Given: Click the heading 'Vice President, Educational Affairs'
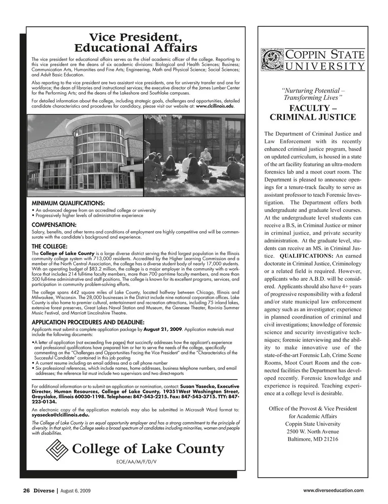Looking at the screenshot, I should point(136,42).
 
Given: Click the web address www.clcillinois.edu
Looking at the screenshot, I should point(215,106).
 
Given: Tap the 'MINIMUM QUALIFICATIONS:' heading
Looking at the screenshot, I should point(68,203).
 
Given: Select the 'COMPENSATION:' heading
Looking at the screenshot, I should point(54,225).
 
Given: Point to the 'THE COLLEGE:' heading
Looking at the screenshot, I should point(49,246).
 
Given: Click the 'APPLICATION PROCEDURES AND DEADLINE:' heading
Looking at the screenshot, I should point(88,322).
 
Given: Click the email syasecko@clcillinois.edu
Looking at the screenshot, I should point(60,415).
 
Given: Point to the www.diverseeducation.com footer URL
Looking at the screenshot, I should point(333,491).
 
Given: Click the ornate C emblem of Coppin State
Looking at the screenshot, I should point(273,61).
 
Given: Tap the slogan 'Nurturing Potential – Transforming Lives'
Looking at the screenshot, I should point(313,94).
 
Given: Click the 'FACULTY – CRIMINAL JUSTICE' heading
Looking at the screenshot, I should point(313,113).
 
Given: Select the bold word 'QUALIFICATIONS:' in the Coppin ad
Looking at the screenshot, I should point(306,256).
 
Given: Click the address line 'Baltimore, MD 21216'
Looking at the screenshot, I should point(313,439).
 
